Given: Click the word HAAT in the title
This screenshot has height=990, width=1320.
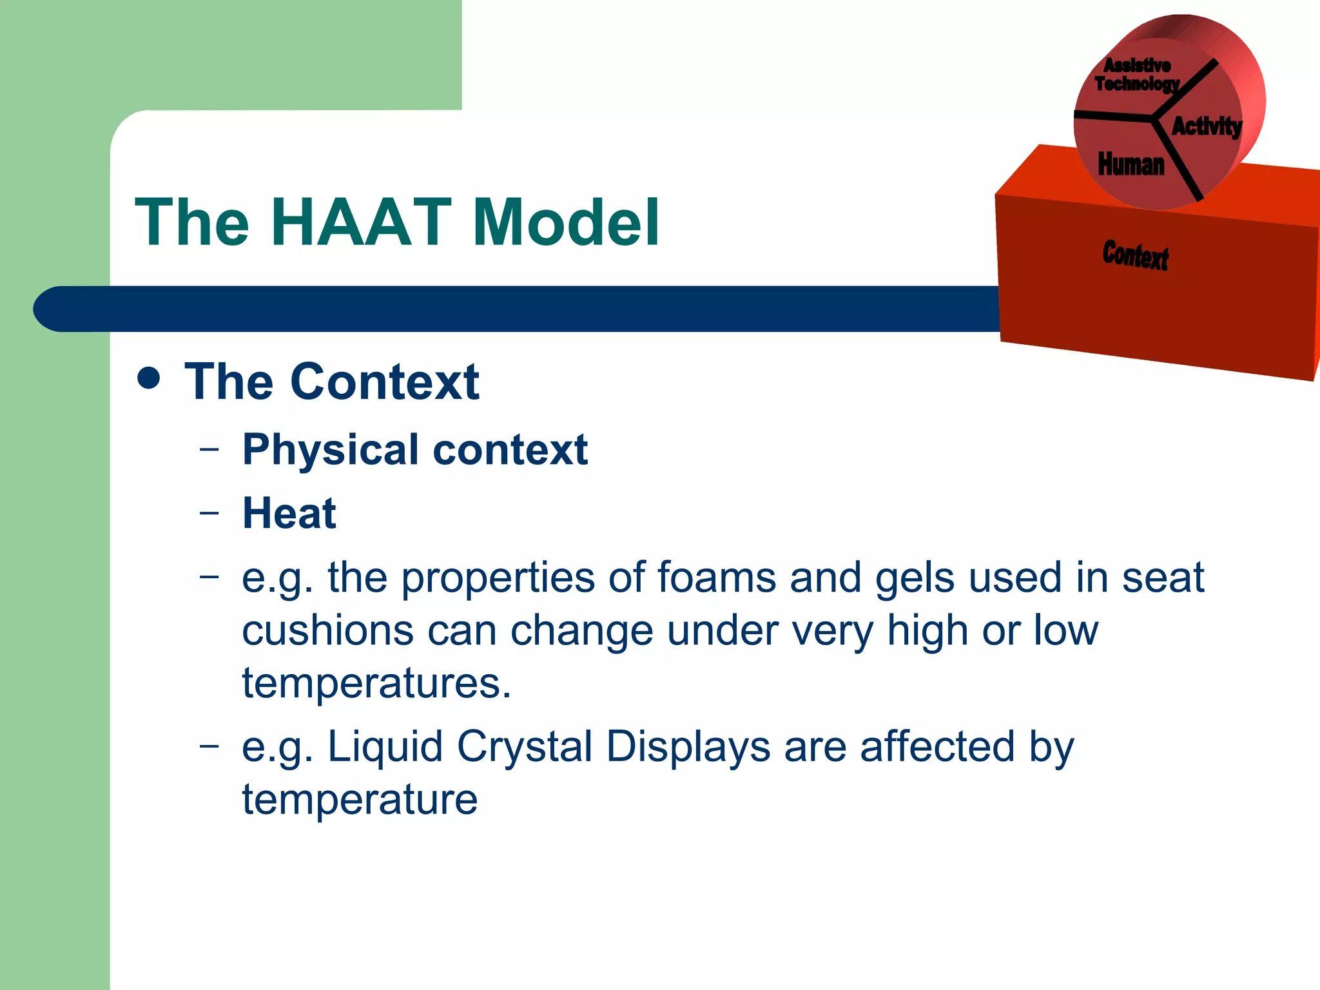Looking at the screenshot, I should pyautogui.click(x=361, y=222).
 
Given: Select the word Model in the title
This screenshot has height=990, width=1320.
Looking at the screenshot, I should pyautogui.click(x=566, y=222).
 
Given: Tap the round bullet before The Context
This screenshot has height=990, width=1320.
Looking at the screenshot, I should pyautogui.click(x=149, y=378).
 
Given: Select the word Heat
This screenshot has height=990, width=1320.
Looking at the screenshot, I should pyautogui.click(x=289, y=514).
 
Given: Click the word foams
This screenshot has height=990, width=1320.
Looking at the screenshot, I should pyautogui.click(x=717, y=577).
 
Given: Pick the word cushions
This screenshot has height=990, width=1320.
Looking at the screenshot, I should pyautogui.click(x=327, y=630).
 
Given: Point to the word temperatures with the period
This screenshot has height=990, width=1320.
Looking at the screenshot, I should pyautogui.click(x=376, y=683).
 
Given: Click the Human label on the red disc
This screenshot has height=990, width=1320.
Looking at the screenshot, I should pyautogui.click(x=1131, y=164).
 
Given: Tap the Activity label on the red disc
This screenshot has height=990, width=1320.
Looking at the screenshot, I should pyautogui.click(x=1206, y=126).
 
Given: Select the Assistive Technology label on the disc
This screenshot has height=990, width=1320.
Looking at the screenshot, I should pyautogui.click(x=1137, y=75).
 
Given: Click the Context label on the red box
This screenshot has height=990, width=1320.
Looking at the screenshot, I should pyautogui.click(x=1135, y=255).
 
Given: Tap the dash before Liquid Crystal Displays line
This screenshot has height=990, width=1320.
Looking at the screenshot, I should pyautogui.click(x=209, y=746).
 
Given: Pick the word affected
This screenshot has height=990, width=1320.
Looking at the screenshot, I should pyautogui.click(x=938, y=746).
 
